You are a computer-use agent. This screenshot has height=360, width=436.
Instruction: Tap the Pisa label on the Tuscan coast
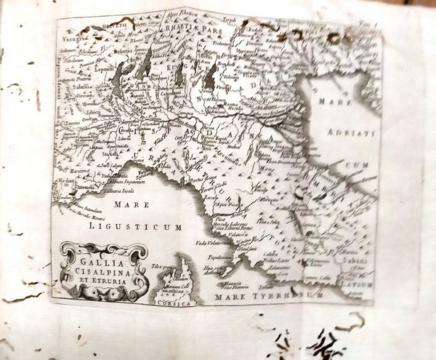tap(217, 216)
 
